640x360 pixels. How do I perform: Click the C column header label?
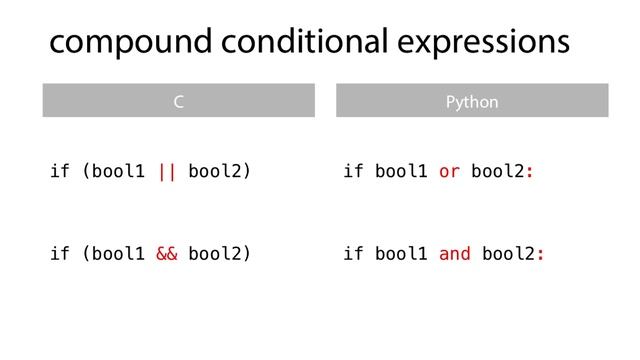click(x=178, y=102)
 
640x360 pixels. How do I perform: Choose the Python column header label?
click(x=471, y=102)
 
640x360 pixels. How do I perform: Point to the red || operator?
click(x=167, y=171)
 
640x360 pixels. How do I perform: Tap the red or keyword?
click(x=450, y=171)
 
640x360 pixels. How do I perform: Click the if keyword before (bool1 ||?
click(x=60, y=171)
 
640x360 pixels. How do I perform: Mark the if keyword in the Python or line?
click(x=353, y=171)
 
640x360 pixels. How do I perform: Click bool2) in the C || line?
click(x=219, y=171)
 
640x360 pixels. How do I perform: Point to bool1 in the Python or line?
click(x=401, y=171)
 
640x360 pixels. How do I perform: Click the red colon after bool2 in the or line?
click(x=529, y=171)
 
